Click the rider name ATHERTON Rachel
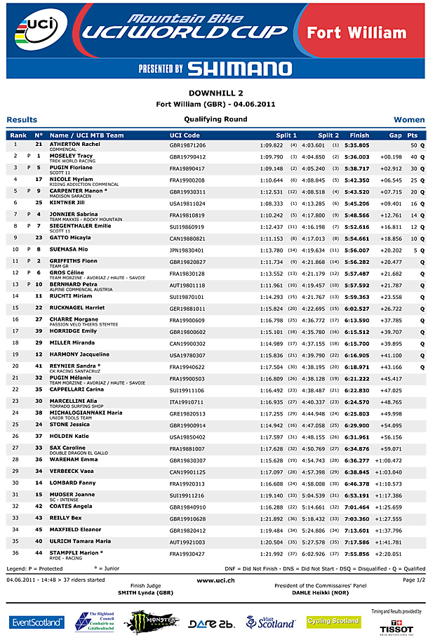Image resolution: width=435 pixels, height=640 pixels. pos(74,144)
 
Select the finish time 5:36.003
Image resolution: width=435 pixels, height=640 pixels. pos(356,156)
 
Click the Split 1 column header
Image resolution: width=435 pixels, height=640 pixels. pos(286,135)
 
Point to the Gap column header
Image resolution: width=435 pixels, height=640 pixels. pos(396,135)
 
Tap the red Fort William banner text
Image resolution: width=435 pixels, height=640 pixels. pos(356,32)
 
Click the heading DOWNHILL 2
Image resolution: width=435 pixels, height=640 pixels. pos(216,93)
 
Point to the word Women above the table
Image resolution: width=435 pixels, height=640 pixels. pos(409,120)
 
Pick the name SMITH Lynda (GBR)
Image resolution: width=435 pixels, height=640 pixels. pos(145,593)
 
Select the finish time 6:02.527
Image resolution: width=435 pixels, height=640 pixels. pos(356,308)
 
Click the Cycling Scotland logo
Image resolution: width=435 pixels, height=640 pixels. pos(334,621)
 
